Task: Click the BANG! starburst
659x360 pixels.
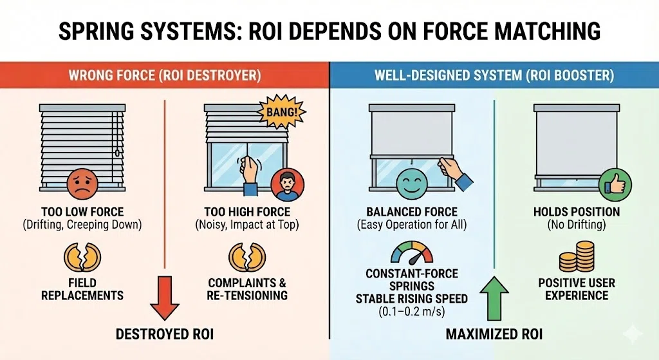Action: coord(281,111)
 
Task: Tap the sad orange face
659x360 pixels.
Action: coord(82,184)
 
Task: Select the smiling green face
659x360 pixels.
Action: coord(412,184)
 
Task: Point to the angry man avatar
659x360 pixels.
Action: coord(288,185)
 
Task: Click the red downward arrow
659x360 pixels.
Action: coord(165,298)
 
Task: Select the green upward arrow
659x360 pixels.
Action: coord(494,298)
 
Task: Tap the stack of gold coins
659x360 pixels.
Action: coord(577,256)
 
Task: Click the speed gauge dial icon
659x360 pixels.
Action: coord(412,252)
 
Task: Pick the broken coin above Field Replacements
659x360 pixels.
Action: coord(82,256)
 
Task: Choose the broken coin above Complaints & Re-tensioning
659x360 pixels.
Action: coord(247,256)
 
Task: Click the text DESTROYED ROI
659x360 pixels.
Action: coord(165,334)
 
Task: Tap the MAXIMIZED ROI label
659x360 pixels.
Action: coord(494,334)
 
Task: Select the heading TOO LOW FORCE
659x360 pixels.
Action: coord(82,211)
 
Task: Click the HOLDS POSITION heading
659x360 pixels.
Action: coord(577,211)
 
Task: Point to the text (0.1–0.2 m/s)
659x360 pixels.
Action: coord(412,312)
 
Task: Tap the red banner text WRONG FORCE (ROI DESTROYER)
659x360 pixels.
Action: coord(165,75)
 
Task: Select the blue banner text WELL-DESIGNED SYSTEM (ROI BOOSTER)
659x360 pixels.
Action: coord(494,75)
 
